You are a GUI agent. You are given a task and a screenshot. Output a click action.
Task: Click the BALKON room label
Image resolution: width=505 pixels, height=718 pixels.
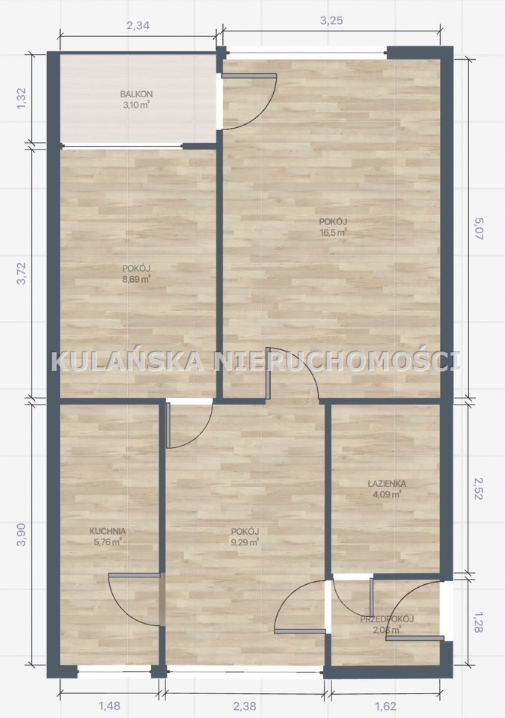[136, 94]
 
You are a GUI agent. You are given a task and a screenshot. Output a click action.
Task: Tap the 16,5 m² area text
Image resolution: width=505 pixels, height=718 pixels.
[333, 232]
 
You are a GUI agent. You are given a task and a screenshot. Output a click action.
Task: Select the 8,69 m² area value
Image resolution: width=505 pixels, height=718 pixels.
[137, 279]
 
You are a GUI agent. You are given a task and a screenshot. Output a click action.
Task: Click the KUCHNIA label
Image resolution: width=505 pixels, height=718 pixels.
[108, 531]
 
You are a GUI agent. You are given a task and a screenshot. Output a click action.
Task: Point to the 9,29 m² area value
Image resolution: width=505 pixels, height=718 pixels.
[245, 543]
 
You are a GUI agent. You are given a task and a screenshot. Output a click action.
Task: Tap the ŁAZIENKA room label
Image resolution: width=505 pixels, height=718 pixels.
[387, 484]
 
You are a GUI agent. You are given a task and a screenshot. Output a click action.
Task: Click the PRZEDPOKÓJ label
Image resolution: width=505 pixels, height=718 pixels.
[388, 619]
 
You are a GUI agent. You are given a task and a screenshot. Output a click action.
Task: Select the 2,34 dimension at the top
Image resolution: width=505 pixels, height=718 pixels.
[138, 25]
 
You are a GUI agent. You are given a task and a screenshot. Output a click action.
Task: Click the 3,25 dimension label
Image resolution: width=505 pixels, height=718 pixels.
[331, 21]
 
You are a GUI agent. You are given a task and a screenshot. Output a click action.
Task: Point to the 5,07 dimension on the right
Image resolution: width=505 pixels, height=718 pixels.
[479, 229]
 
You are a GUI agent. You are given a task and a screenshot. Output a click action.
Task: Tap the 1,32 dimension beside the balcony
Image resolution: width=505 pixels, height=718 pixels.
[22, 98]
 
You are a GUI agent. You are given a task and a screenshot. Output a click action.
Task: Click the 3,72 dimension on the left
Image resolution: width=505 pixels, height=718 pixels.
[22, 274]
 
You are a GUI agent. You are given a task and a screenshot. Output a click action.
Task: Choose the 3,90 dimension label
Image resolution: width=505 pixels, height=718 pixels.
[22, 534]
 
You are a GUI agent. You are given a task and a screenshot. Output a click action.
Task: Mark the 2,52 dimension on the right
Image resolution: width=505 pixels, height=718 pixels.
[479, 488]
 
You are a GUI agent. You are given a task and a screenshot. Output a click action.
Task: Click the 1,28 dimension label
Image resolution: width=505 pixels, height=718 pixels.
[479, 622]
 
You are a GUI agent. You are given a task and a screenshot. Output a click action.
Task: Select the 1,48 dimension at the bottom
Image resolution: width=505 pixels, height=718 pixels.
[109, 705]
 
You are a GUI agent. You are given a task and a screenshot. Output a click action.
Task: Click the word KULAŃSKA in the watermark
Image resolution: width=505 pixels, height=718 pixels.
[127, 360]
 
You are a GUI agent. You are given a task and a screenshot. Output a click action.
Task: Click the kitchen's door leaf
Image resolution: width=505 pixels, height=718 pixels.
[134, 575]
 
